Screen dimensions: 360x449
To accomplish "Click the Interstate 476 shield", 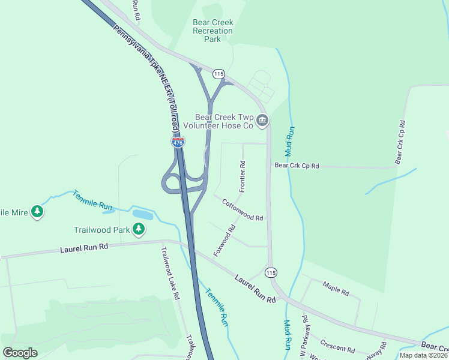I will pyautogui.click(x=178, y=142).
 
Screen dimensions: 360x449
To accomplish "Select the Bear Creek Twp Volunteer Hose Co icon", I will pyautogui.click(x=262, y=121).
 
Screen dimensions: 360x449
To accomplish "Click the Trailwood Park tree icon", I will pyautogui.click(x=139, y=229).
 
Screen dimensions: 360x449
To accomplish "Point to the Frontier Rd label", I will pyautogui.click(x=243, y=176).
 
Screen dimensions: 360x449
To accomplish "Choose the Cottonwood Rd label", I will pyautogui.click(x=243, y=210).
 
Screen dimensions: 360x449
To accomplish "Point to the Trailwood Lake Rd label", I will pyautogui.click(x=169, y=273).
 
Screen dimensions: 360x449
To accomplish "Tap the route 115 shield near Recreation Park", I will pyautogui.click(x=218, y=73).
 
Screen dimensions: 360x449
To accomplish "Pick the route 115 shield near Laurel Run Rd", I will pyautogui.click(x=271, y=272).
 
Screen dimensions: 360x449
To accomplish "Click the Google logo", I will pyautogui.click(x=20, y=353).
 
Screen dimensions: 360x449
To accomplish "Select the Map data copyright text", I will pyautogui.click(x=424, y=355).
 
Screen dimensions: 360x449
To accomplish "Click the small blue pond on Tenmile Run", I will pyautogui.click(x=142, y=214).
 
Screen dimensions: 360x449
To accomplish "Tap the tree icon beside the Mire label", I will pyautogui.click(x=37, y=212).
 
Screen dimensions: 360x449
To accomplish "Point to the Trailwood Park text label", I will pyautogui.click(x=102, y=229).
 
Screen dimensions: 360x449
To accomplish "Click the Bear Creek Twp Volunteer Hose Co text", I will pyautogui.click(x=219, y=121).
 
